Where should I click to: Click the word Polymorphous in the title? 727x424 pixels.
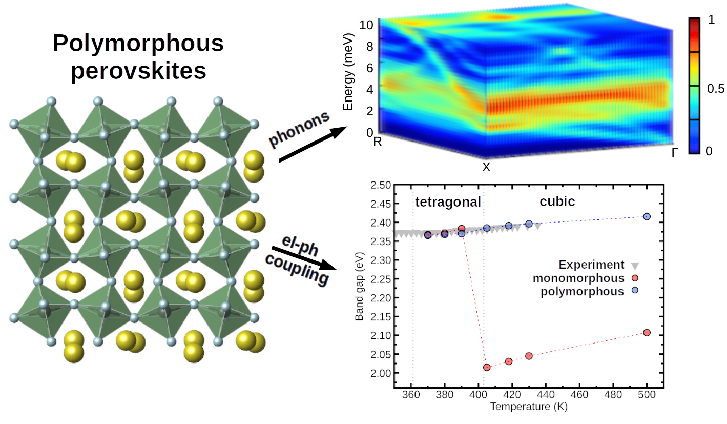[138, 44]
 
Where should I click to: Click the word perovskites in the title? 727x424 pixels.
[138, 71]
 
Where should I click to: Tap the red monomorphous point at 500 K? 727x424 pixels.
[647, 332]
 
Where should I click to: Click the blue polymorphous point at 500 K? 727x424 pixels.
[647, 216]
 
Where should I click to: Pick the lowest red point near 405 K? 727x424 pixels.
[487, 367]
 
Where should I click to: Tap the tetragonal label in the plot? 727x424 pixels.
[448, 202]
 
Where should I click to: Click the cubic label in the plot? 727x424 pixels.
[557, 202]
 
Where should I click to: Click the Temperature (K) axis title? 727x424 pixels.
[529, 407]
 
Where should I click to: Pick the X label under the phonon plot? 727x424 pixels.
[486, 167]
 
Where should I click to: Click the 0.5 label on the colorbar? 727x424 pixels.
[716, 89]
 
